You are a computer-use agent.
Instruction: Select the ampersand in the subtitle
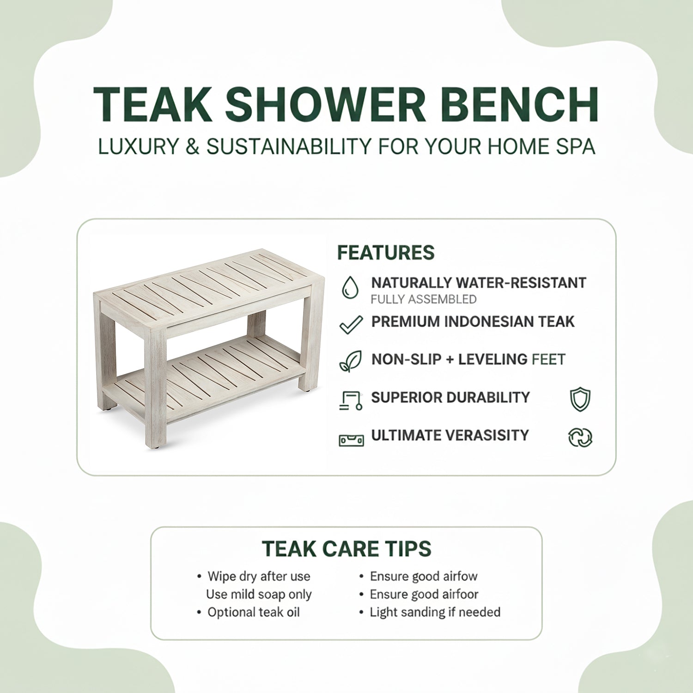pos(192,146)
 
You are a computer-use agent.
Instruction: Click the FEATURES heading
pos(386,253)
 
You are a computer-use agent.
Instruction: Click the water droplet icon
pos(350,287)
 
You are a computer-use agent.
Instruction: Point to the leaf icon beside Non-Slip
pos(351,361)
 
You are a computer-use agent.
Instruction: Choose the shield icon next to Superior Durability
pos(580,399)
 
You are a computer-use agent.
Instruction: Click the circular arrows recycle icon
pos(580,437)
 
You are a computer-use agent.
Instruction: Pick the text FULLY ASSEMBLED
pos(423,299)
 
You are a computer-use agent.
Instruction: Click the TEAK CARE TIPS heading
pos(346,549)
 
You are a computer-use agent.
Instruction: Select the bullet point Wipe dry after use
pos(259,577)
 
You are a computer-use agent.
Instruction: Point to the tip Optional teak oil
pos(254,612)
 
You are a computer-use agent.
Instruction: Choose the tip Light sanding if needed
pos(435,612)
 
